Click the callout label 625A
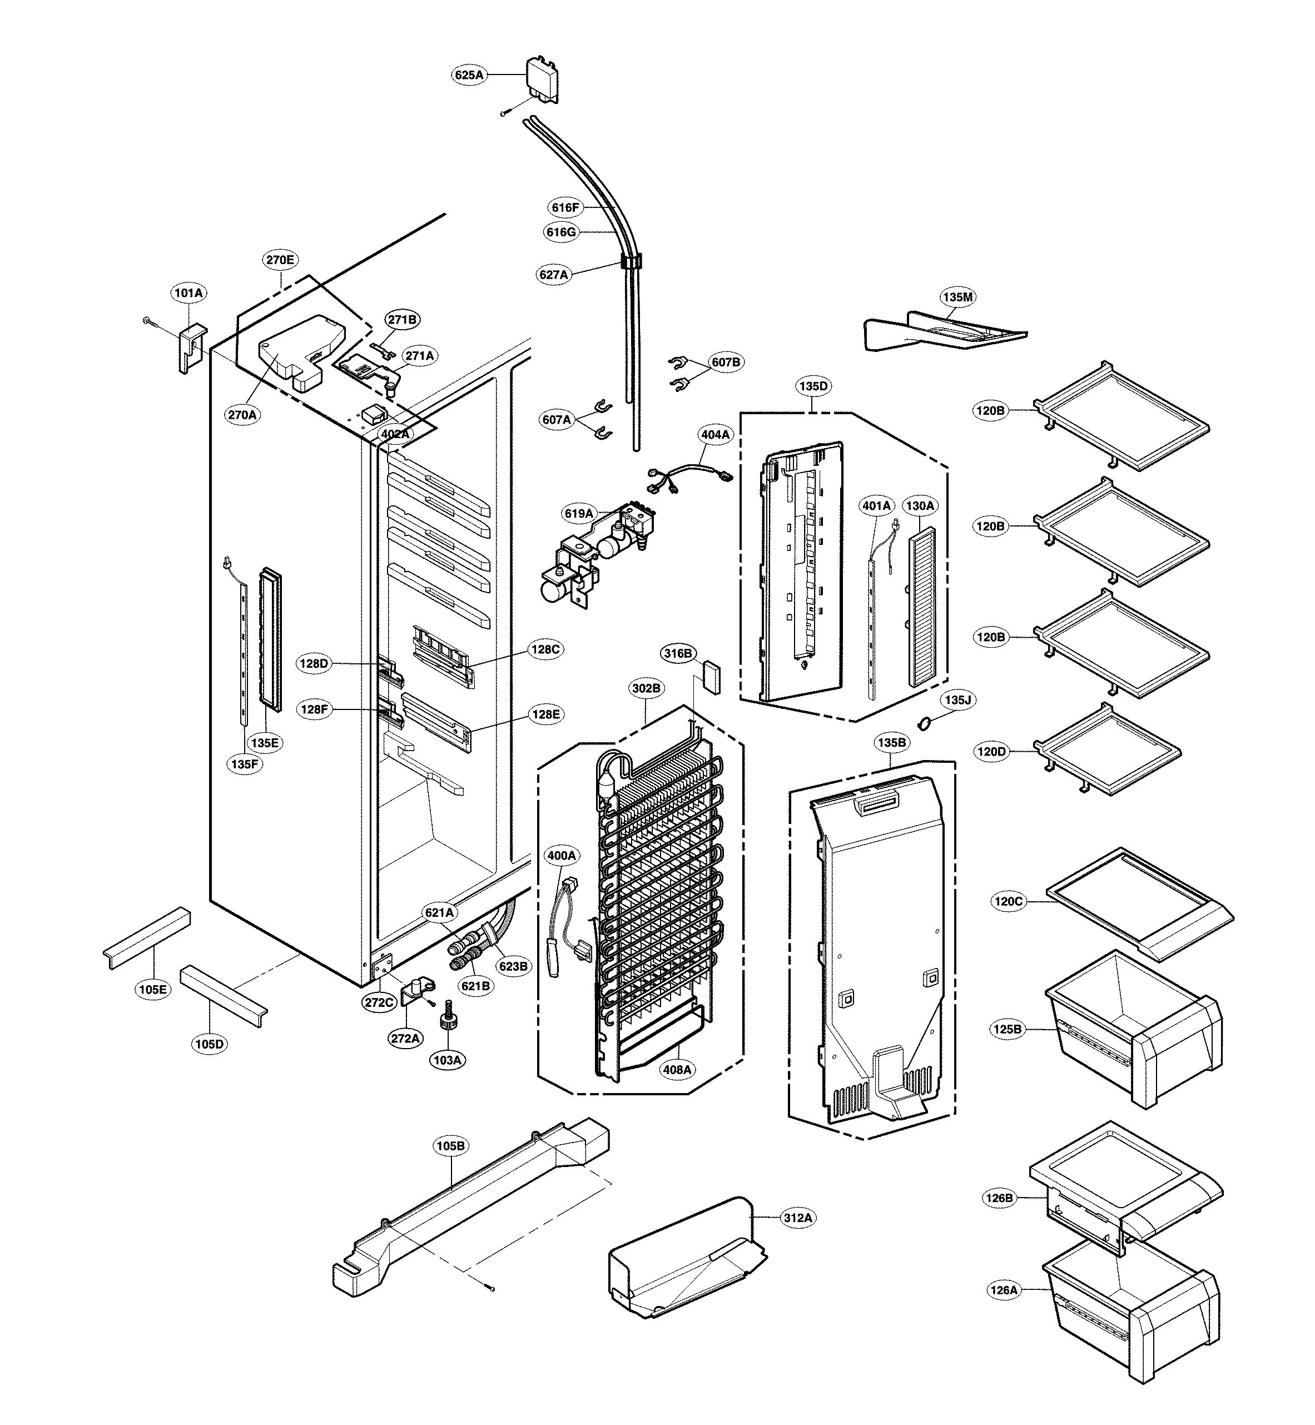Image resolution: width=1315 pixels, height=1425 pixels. click(469, 74)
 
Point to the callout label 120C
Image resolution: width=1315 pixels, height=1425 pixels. click(1008, 901)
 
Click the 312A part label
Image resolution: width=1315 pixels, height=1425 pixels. click(798, 1218)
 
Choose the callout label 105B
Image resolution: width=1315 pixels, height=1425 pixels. click(450, 1146)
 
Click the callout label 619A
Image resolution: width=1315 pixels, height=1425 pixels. click(578, 513)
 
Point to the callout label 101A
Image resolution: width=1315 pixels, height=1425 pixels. click(188, 292)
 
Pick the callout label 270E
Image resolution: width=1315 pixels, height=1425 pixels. click(280, 260)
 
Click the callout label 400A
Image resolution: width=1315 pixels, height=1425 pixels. click(562, 855)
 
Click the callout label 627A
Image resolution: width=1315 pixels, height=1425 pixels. click(554, 275)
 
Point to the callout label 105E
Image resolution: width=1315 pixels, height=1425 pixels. click(153, 989)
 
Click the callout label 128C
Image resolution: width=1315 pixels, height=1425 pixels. click(546, 649)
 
